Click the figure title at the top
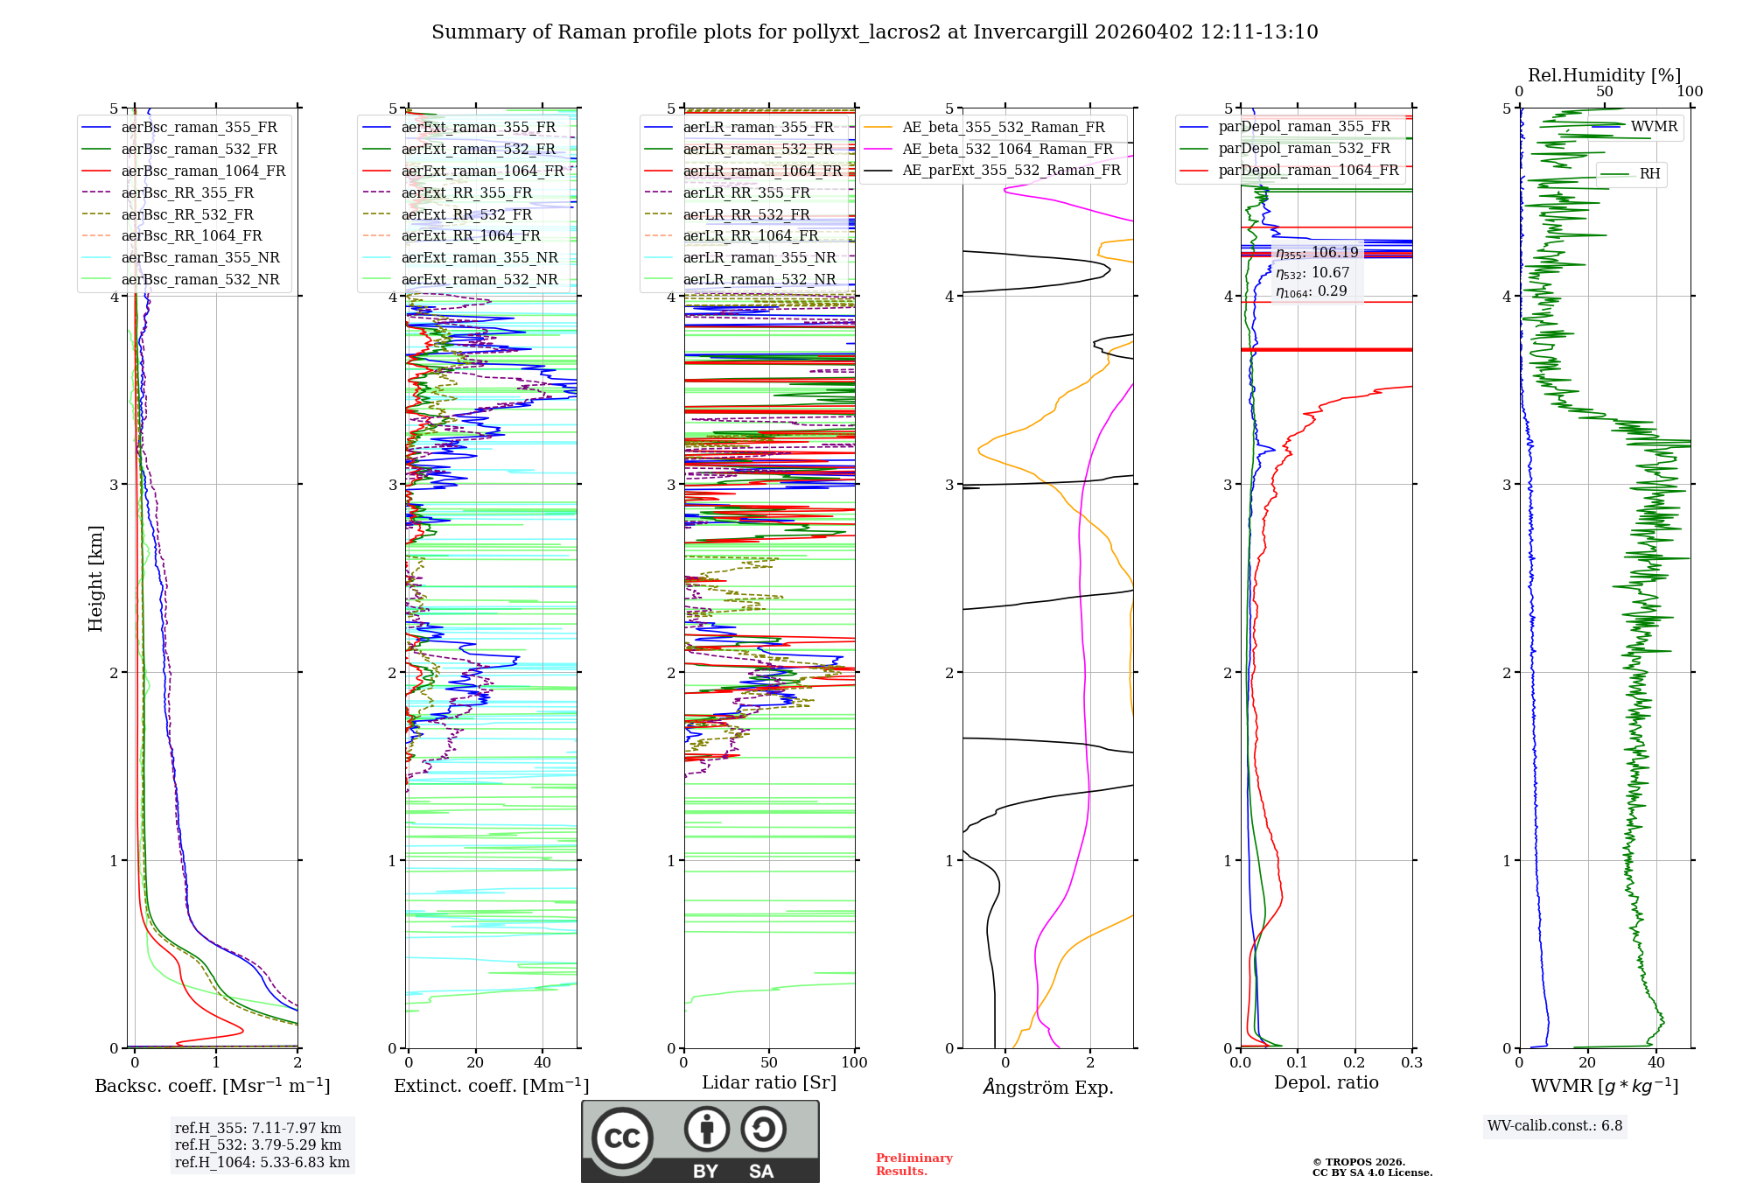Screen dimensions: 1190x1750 874,32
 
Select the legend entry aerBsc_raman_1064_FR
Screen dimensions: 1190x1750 203,171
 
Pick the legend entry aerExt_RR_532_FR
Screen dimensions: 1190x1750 466,214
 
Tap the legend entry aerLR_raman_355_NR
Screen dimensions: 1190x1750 759,257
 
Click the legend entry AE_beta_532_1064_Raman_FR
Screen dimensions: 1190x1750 1007,149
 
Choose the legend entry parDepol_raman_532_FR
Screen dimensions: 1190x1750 1304,149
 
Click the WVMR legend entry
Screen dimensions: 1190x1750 1654,127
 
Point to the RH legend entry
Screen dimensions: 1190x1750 1649,174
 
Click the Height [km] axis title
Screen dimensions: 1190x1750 95,578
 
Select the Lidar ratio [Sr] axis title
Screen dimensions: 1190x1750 769,1082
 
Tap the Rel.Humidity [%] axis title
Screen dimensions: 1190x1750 1604,75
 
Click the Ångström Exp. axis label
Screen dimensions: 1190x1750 1047,1088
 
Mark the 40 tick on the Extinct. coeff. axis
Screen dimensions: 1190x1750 542,1063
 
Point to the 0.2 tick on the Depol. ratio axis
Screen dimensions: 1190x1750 1354,1063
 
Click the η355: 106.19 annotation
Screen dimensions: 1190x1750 1317,253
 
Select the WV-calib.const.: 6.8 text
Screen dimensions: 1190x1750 1555,1126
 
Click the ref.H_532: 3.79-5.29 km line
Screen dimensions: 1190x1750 258,1144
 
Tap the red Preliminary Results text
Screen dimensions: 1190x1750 913,1165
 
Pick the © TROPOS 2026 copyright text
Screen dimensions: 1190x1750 1358,1162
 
